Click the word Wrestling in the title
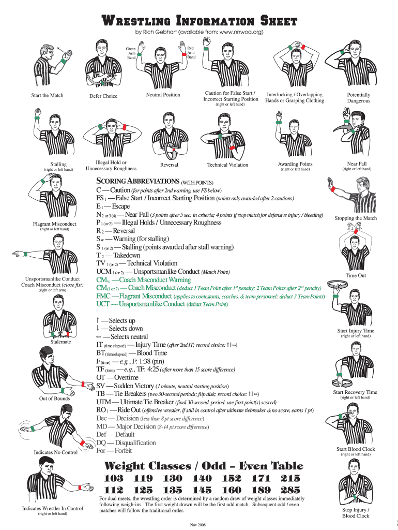136,21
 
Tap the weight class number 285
290,490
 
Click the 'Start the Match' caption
47,96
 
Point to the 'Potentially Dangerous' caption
358,98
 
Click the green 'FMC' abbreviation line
210,296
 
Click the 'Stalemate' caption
61,342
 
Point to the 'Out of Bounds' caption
54,399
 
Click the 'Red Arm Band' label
191,52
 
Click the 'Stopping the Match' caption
356,218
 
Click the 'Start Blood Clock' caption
356,449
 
